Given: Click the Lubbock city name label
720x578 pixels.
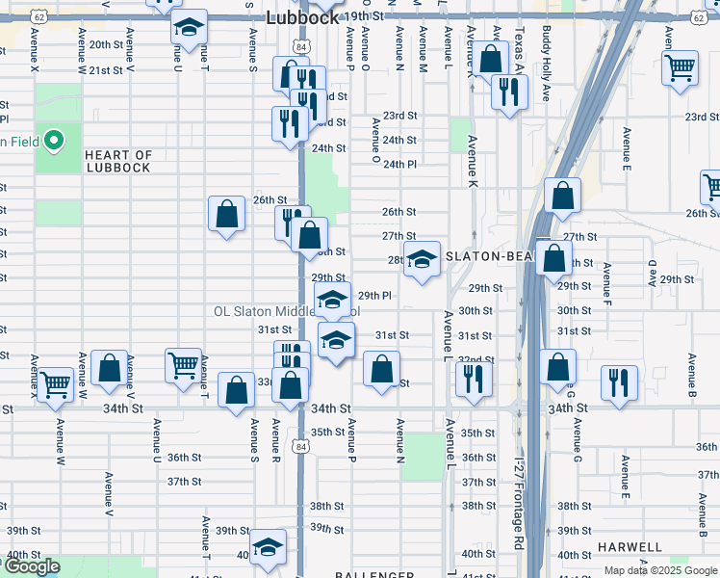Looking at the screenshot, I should tap(301, 17).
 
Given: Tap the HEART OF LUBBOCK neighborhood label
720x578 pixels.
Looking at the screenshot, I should tap(117, 161).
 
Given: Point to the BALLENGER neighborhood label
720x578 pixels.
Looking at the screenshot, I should tap(374, 575).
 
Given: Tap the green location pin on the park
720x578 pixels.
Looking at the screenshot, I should tap(55, 142).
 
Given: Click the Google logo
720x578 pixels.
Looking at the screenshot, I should tap(31, 566).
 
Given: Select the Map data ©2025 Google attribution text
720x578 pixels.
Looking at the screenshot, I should tap(660, 570).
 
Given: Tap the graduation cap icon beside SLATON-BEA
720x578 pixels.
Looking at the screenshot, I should tap(422, 259).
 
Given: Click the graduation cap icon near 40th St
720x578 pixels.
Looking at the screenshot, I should tap(268, 548).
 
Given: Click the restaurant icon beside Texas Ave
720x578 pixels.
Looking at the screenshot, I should tap(505, 91).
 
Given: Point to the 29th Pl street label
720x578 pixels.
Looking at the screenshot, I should tap(374, 296).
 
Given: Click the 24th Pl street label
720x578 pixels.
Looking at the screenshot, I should tap(399, 164).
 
